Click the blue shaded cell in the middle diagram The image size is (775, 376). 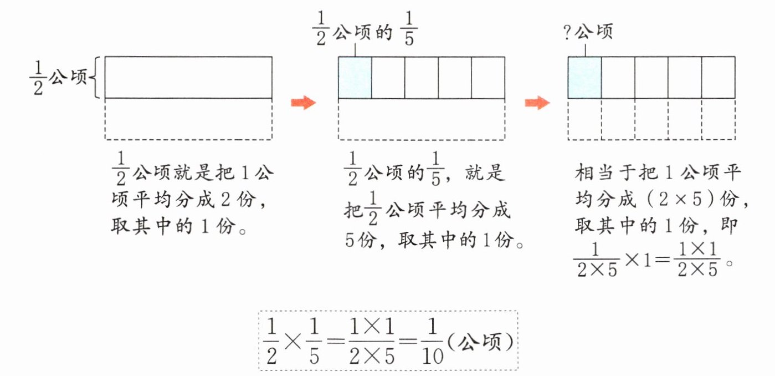[355, 77]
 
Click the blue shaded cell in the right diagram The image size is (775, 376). [584, 77]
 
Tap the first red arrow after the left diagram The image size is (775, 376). [303, 103]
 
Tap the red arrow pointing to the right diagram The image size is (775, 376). [537, 103]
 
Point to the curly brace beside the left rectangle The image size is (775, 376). [95, 78]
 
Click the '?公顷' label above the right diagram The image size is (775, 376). [588, 33]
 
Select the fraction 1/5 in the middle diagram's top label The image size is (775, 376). [408, 34]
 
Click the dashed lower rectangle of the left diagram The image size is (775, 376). [188, 119]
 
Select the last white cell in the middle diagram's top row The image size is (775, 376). [487, 77]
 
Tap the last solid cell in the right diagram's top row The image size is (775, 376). [718, 77]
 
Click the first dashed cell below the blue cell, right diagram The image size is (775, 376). [584, 119]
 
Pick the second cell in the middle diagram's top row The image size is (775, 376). [388, 77]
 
